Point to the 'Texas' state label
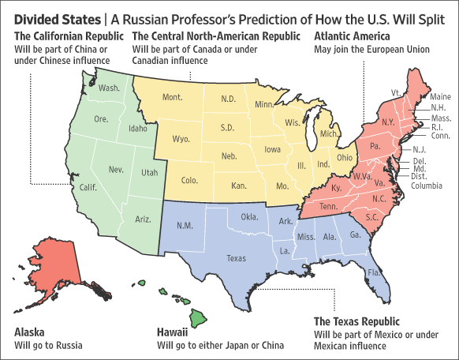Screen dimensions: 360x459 tap(236, 257)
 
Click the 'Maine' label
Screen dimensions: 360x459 tap(441, 97)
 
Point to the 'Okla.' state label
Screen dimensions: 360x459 tap(250, 216)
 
